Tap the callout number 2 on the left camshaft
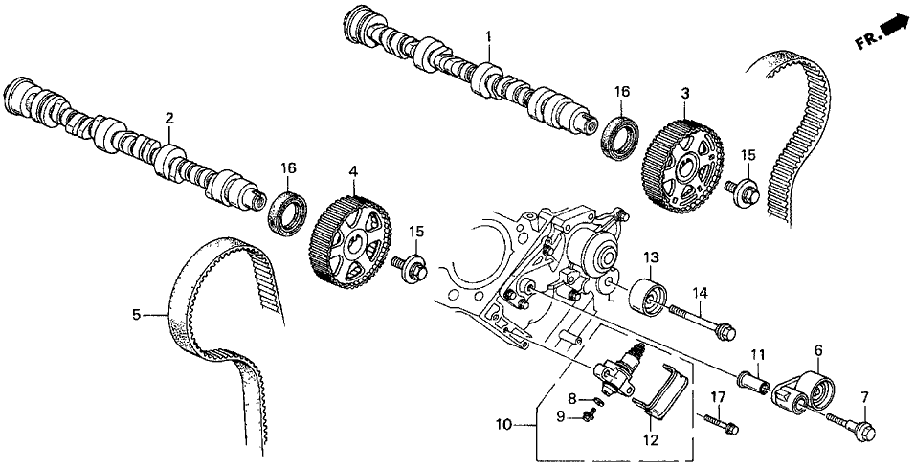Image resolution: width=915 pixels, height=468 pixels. pos(169,118)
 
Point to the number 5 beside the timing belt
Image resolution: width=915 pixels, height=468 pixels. pos(136,313)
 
